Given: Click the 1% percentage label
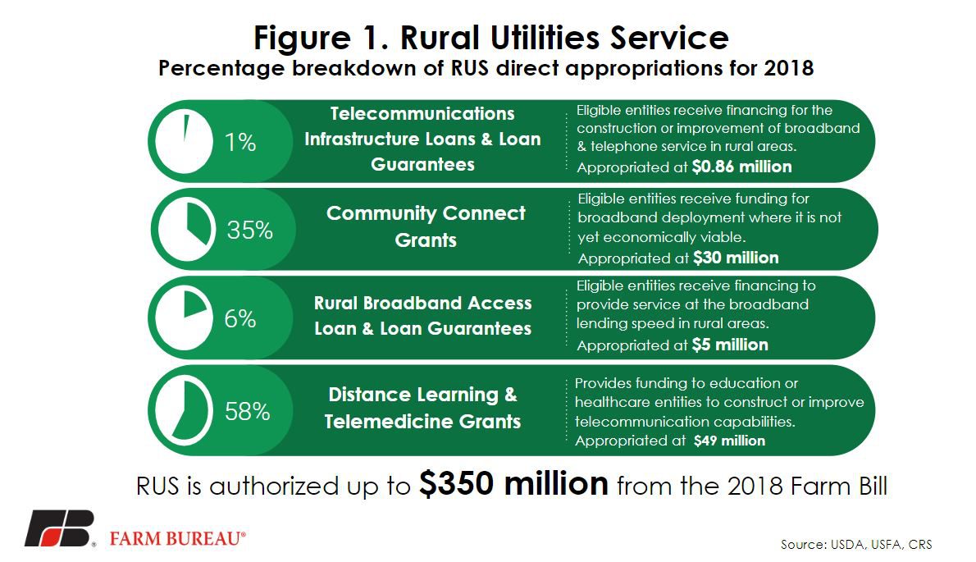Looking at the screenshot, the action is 240,143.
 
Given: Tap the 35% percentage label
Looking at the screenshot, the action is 249,231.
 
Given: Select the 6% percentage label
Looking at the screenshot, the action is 240,318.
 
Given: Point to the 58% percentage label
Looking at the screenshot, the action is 247,411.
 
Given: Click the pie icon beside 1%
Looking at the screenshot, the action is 185,141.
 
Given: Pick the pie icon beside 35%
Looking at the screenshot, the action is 187,229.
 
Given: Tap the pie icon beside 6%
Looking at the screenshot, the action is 185,318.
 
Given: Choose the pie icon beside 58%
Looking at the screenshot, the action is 185,410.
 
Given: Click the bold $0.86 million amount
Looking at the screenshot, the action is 742,167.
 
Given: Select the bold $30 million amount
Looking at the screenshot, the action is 736,258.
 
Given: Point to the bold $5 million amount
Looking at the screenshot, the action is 730,345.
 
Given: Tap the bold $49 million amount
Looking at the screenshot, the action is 729,441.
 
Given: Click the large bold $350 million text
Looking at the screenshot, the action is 513,483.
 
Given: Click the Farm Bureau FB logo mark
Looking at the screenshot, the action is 59,529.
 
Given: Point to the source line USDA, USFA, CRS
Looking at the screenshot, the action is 856,545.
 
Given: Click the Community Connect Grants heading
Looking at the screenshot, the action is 426,226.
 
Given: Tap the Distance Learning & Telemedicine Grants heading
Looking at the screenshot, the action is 422,409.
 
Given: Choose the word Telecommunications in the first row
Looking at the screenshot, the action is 422,113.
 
